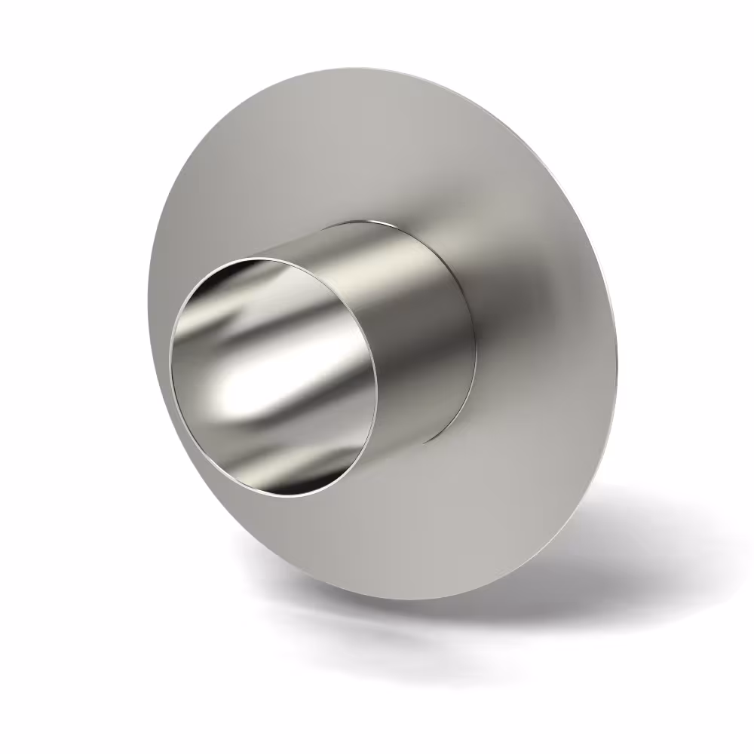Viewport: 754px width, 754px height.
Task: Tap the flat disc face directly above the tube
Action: click(x=354, y=151)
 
